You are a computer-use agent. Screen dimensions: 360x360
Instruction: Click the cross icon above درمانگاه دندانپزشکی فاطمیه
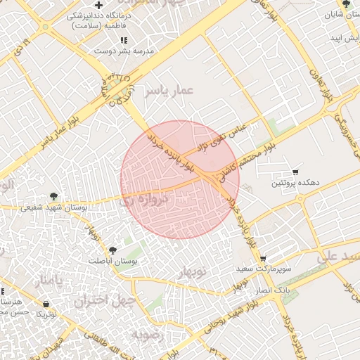click(98, 6)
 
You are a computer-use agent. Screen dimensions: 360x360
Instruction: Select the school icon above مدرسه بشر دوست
click(124, 41)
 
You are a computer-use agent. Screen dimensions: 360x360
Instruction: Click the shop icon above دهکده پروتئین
click(295, 172)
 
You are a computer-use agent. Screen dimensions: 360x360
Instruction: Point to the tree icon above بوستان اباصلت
click(112, 250)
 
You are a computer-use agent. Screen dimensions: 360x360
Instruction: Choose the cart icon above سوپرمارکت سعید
click(263, 259)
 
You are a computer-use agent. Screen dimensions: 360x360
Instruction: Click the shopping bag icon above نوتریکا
click(46, 304)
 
